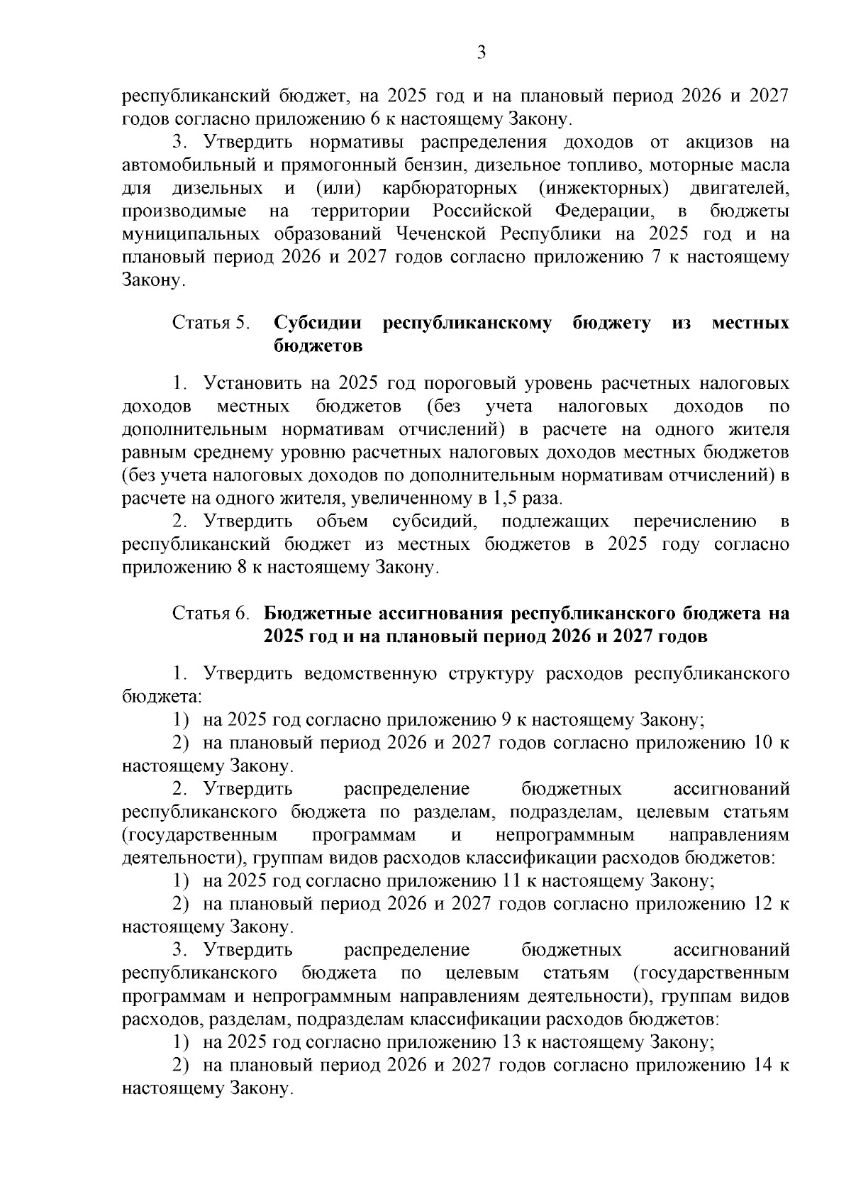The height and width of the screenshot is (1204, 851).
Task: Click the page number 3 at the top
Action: point(481,53)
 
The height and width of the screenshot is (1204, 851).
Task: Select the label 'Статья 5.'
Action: point(212,323)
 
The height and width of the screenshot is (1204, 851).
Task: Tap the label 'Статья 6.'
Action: point(212,613)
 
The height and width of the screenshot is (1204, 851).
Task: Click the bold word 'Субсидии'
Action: point(318,323)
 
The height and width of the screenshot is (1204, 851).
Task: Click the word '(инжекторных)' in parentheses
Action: point(604,188)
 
